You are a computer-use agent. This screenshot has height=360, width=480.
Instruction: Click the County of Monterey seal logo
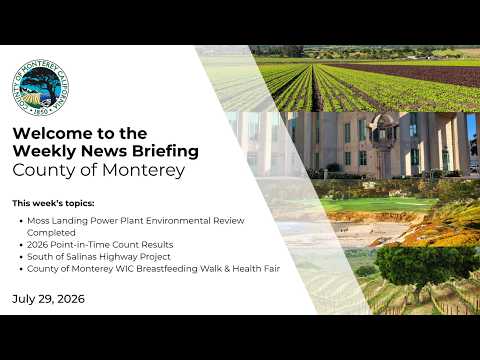click(40, 88)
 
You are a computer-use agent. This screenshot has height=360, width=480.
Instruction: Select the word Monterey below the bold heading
click(143, 170)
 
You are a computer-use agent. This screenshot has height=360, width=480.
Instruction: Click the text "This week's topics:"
click(53, 203)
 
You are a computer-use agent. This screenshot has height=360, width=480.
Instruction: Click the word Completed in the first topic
click(51, 233)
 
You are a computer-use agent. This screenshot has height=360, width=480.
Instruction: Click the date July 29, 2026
click(48, 299)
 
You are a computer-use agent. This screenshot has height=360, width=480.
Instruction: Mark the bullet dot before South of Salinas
click(21, 257)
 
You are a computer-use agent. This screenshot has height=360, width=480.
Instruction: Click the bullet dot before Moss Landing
click(21, 221)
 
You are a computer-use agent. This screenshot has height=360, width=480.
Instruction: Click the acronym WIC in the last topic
click(124, 269)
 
